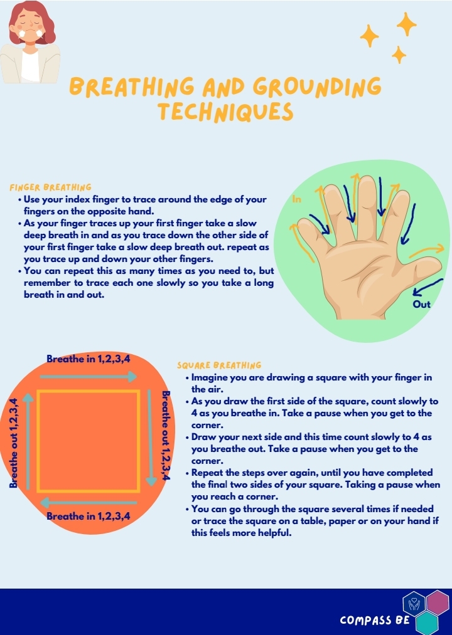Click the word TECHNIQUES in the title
pyautogui.click(x=225, y=112)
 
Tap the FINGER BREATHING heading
pyautogui.click(x=50, y=187)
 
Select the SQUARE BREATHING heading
pyautogui.click(x=219, y=365)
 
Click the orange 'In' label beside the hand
pyautogui.click(x=296, y=199)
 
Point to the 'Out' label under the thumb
pyautogui.click(x=421, y=304)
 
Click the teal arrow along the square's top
pyautogui.click(x=88, y=377)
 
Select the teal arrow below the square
pyautogui.click(x=88, y=503)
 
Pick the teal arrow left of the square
pyautogui.click(x=28, y=441)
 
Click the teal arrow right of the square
pyautogui.click(x=151, y=438)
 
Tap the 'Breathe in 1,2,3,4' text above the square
pyautogui.click(x=88, y=359)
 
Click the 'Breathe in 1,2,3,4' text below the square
pyautogui.click(x=88, y=516)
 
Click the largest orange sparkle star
pyautogui.click(x=406, y=24)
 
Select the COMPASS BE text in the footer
pyautogui.click(x=375, y=620)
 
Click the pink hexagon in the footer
pyautogui.click(x=438, y=603)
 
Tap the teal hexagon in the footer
pyautogui.click(x=427, y=623)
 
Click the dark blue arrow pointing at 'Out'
pyautogui.click(x=428, y=286)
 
